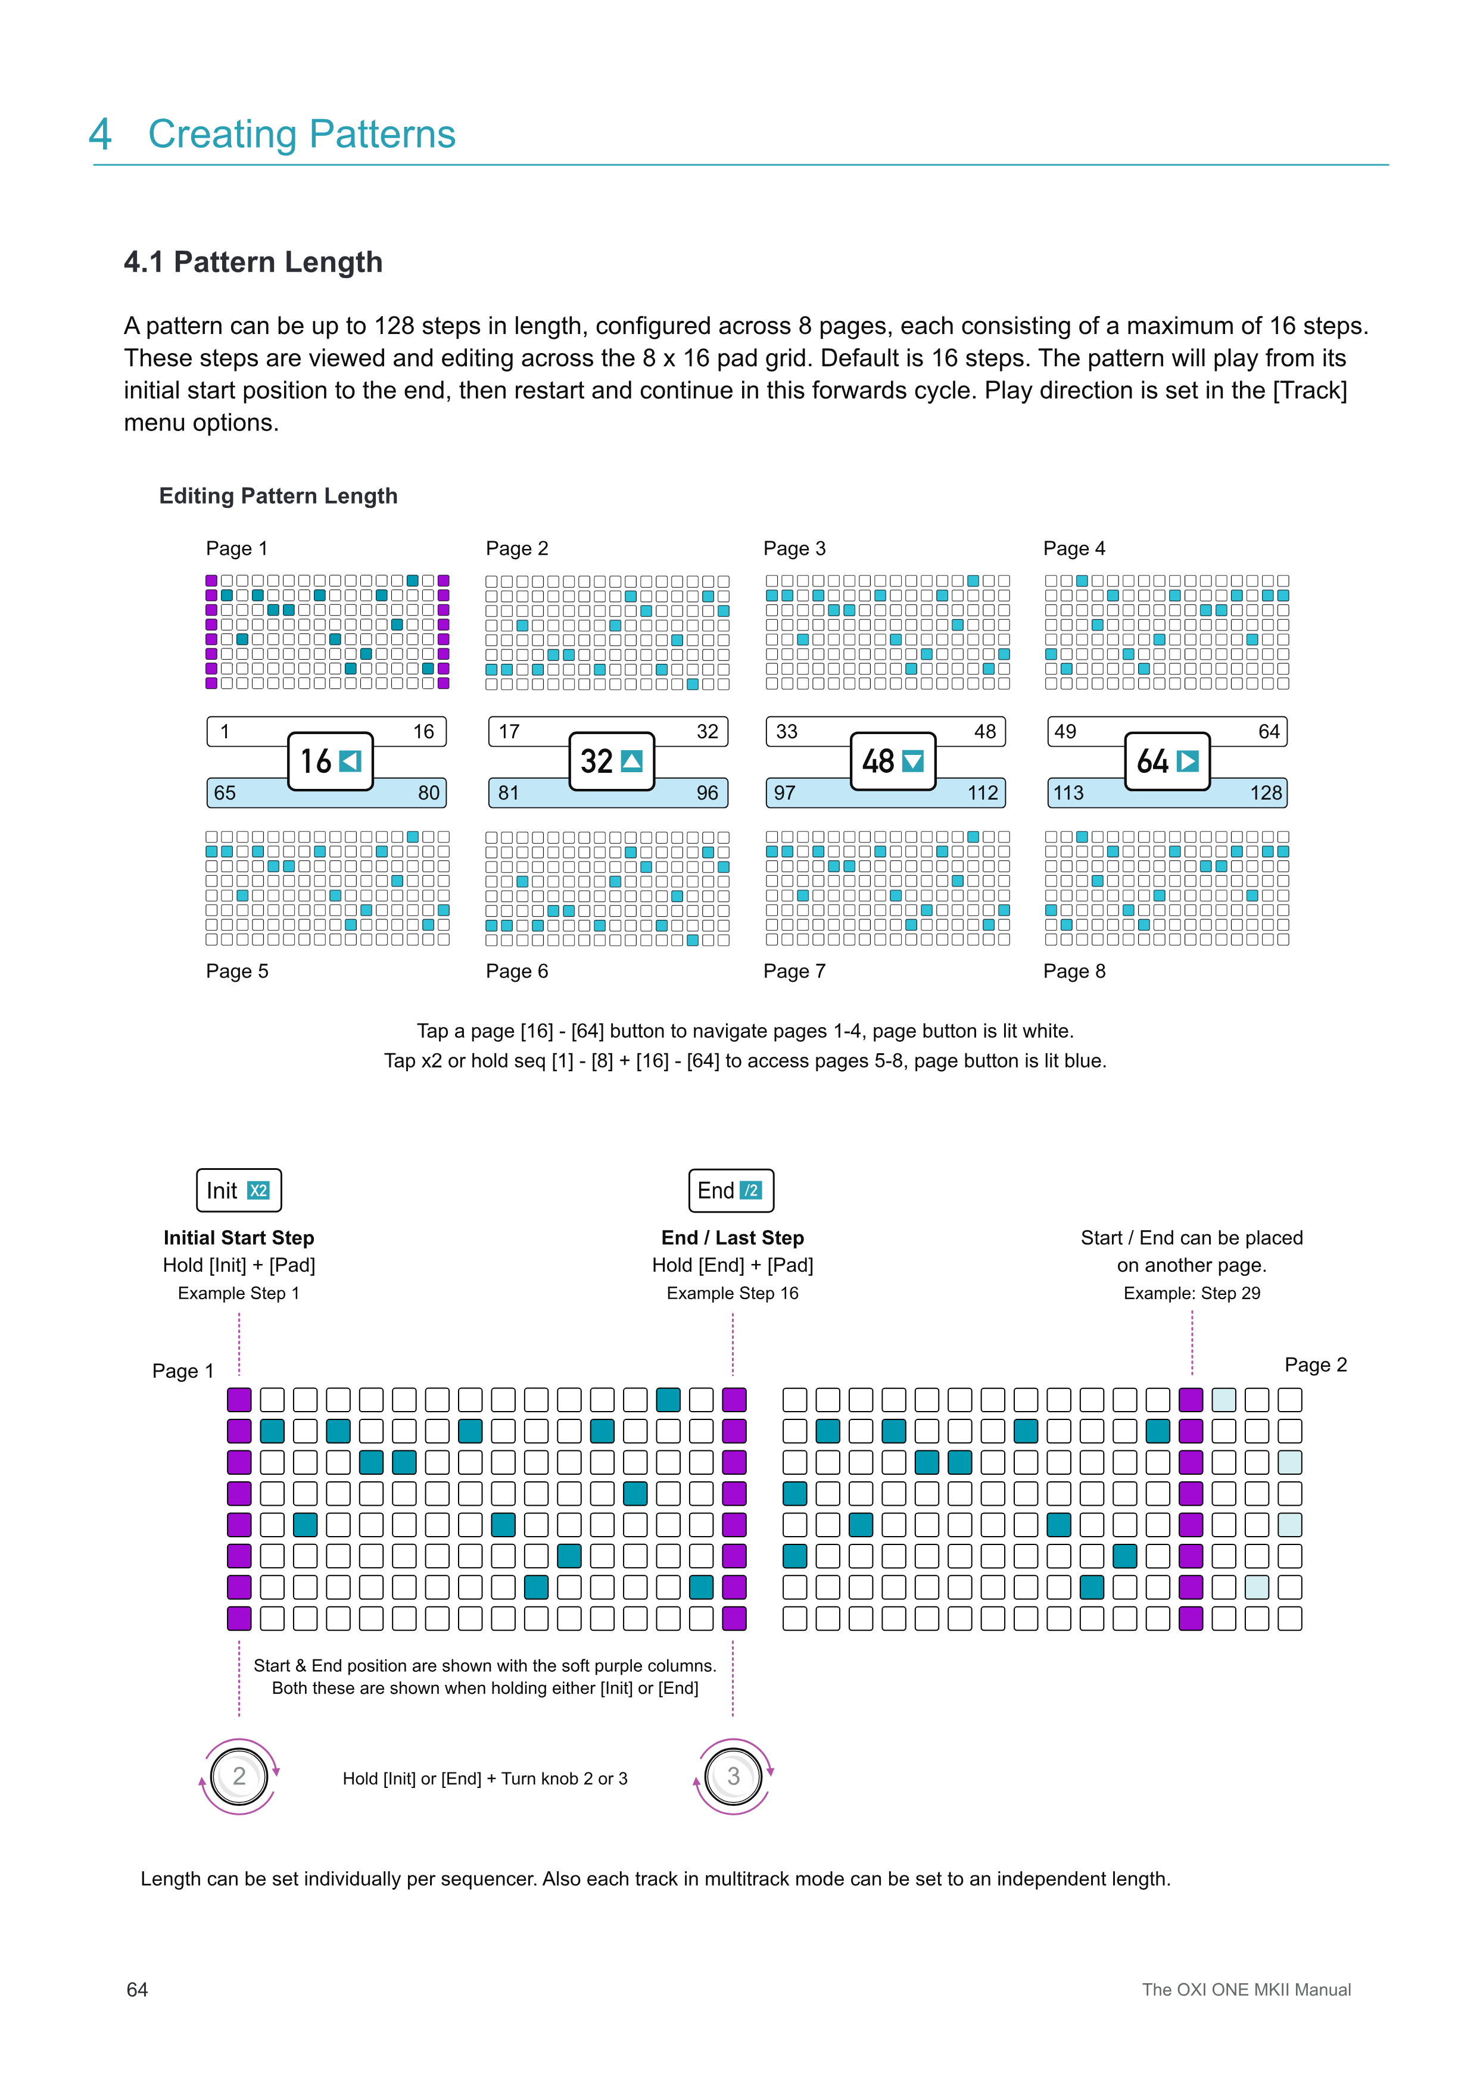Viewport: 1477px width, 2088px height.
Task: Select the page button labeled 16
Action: (x=330, y=761)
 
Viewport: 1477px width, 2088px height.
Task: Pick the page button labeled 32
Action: (x=611, y=761)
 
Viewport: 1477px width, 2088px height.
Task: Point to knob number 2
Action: (x=239, y=1776)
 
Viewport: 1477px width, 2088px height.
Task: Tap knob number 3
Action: (x=733, y=1776)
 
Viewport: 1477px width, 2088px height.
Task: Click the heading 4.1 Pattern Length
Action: (x=253, y=262)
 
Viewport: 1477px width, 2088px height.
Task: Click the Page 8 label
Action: (x=1074, y=971)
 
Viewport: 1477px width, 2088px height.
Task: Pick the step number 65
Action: (x=225, y=793)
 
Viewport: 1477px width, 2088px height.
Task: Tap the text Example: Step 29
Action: (x=1191, y=1293)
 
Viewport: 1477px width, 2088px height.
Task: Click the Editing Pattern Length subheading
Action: (x=278, y=495)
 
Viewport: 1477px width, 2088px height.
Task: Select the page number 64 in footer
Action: (x=138, y=1990)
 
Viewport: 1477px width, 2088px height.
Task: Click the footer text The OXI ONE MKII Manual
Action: (x=1246, y=1990)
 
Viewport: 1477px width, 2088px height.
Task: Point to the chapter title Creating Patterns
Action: (x=301, y=134)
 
